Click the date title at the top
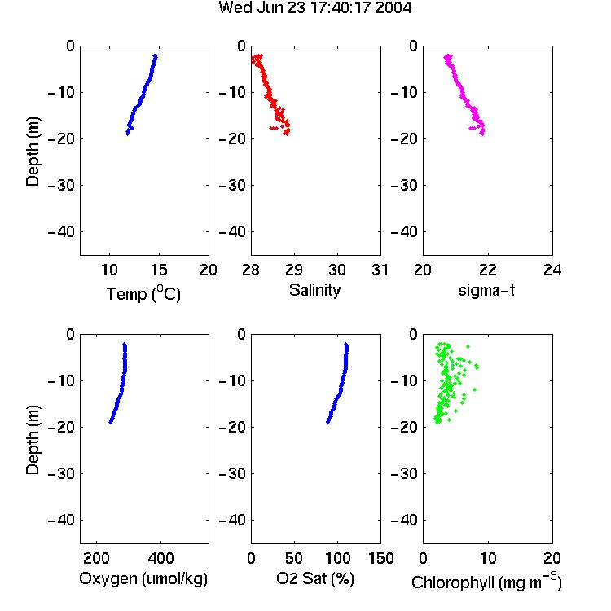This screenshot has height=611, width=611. point(314,7)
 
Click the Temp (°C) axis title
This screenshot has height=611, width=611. point(143,293)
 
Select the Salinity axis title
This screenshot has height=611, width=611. point(314,290)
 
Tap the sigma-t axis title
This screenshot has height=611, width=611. point(486,290)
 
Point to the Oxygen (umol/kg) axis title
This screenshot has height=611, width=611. point(143,578)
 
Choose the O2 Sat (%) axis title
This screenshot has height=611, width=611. point(315,578)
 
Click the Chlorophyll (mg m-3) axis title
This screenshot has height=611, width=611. point(486,582)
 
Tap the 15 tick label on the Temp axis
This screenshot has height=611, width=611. point(159,270)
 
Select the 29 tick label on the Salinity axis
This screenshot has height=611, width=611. point(294,270)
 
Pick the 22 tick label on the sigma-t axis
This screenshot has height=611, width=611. point(487,270)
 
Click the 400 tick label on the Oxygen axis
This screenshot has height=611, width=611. point(160,558)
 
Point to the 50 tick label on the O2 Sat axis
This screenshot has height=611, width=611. point(294,558)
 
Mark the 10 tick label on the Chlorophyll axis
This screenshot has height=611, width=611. point(487,558)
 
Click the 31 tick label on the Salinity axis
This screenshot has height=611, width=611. point(380,270)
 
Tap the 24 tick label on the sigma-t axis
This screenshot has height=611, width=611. point(552,270)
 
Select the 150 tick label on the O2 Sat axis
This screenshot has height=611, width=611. point(380,558)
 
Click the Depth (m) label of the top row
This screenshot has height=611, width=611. point(33,152)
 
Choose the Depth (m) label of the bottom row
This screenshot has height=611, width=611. point(33,440)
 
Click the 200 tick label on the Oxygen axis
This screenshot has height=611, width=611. point(96,558)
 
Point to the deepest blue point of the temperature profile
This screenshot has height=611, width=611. point(127,134)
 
